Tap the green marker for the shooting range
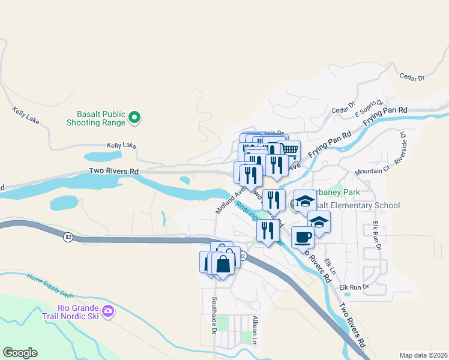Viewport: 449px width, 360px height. [x=135, y=118]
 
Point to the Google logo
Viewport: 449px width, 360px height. [x=20, y=353]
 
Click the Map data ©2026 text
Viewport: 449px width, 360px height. [x=423, y=355]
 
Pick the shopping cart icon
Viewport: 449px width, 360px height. [x=290, y=148]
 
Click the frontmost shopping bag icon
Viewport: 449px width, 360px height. [x=223, y=263]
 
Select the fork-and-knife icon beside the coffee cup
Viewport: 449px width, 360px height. [x=268, y=230]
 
